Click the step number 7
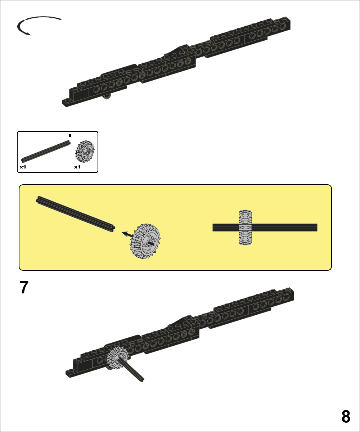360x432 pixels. point(24,287)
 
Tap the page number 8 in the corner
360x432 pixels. point(346,416)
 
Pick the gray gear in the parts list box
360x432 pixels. point(85,152)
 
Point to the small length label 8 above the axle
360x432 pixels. point(70,135)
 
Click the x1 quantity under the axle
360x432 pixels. point(23,167)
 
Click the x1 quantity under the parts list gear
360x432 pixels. point(77,167)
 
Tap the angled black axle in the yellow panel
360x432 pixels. point(75,214)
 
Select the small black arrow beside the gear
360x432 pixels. point(127,234)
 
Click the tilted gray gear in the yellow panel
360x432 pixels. point(145,241)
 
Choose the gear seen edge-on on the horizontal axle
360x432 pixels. point(245,228)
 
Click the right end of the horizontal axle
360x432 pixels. point(317,228)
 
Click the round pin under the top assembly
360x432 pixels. point(107,96)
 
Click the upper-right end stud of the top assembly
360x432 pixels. point(285,18)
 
